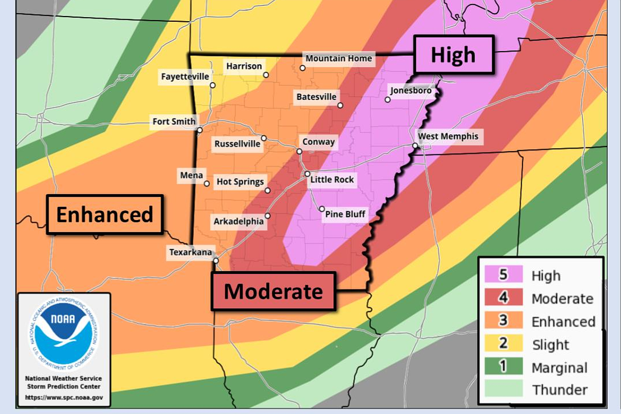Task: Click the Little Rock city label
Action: click(332, 180)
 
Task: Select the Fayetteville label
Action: click(185, 77)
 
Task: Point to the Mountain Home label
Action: click(338, 58)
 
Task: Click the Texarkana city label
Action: click(190, 253)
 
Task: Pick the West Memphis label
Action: click(448, 137)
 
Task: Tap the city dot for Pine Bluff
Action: click(322, 209)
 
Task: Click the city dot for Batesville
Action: click(341, 106)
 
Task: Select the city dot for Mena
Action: click(206, 183)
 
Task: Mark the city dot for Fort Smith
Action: click(199, 130)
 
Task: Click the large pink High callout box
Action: click(454, 54)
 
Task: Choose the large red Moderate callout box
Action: click(273, 291)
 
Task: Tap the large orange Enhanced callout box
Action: click(105, 214)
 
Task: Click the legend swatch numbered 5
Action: click(503, 275)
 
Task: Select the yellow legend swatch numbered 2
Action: click(503, 344)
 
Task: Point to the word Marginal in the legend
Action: click(559, 367)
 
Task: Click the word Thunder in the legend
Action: click(559, 390)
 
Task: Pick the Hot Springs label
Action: click(240, 182)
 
